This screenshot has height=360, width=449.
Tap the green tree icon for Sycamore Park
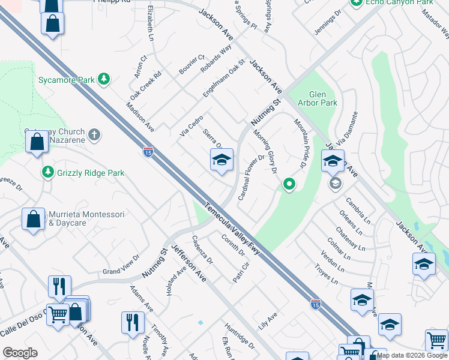click(x=104, y=79)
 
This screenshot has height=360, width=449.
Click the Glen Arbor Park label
click(x=322, y=98)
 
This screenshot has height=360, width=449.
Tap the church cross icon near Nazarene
click(x=94, y=134)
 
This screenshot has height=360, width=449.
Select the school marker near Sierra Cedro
click(x=221, y=160)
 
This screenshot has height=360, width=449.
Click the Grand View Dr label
click(x=121, y=273)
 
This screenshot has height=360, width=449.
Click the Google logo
click(x=20, y=353)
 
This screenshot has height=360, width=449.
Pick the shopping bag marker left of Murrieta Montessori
click(x=33, y=219)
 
